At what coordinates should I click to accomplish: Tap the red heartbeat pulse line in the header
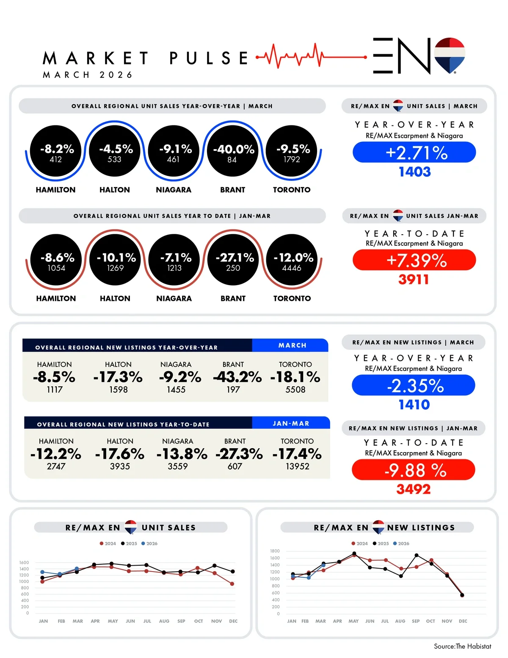tap(296, 56)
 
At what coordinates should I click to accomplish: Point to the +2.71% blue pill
tap(414, 152)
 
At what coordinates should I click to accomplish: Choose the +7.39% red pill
tap(414, 260)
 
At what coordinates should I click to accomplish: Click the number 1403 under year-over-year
tap(414, 172)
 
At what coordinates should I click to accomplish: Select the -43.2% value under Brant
tap(237, 377)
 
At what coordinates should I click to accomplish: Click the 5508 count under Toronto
tap(295, 389)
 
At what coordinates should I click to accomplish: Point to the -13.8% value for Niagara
tap(182, 454)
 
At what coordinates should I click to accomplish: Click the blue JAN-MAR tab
tap(291, 423)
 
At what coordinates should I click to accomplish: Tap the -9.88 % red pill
tap(414, 470)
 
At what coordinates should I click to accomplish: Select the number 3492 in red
tap(413, 489)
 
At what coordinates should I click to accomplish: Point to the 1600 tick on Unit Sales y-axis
tap(24, 563)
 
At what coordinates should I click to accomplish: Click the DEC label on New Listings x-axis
tap(463, 621)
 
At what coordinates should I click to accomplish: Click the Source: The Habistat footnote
tap(462, 646)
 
